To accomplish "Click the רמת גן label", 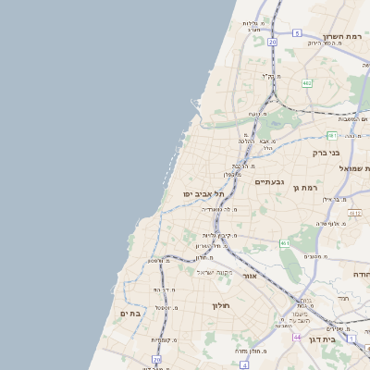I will pos(304,188).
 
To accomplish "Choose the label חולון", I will pos(220,304).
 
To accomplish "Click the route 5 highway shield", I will pos(297,33).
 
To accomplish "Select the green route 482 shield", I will pos(306,83).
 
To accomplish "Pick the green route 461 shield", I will pos(284,243).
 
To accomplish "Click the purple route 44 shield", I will pos(297,338).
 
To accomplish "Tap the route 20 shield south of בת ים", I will pos(156,358).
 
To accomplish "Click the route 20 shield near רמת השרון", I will pos(272,42).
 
